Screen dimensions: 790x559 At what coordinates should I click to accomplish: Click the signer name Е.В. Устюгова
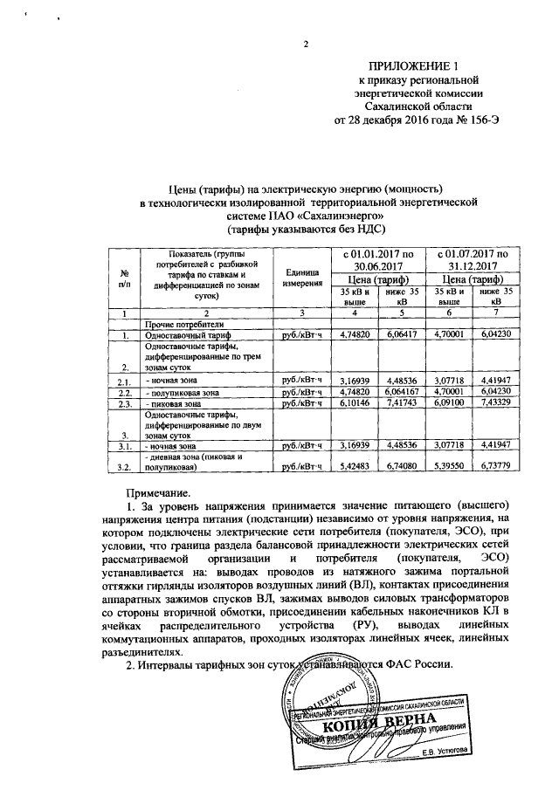coord(444,750)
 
